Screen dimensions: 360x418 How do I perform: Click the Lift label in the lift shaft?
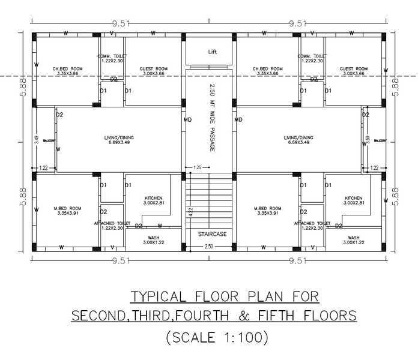point(212,52)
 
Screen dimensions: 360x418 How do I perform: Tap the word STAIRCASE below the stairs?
point(212,234)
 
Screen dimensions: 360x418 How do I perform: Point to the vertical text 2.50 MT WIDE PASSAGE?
point(212,117)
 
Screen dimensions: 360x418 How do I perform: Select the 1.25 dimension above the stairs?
point(197,167)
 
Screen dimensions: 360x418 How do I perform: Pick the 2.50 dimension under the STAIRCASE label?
point(208,247)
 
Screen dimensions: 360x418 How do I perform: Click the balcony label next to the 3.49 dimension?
point(48,141)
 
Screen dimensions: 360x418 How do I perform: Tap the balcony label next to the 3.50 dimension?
point(380,141)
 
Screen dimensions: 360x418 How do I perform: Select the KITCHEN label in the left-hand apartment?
point(153,198)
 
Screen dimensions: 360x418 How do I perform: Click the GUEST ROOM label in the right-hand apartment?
point(353,69)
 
